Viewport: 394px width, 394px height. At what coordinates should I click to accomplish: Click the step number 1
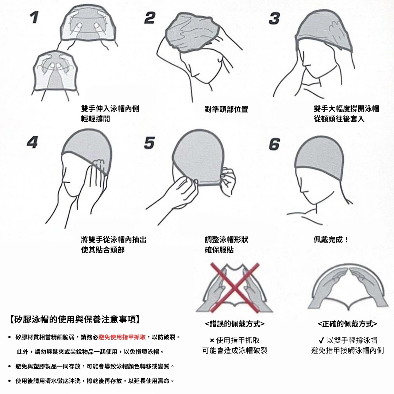(x=34, y=18)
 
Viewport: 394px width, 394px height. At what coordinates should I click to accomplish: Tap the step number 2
(x=150, y=18)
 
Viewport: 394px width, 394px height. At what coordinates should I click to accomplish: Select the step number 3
(x=274, y=19)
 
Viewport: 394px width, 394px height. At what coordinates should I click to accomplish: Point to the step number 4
(x=32, y=142)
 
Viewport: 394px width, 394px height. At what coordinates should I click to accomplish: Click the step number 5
(x=150, y=143)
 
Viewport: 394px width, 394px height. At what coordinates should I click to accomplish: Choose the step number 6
(x=274, y=144)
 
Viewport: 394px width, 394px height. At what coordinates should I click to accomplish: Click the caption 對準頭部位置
(x=227, y=109)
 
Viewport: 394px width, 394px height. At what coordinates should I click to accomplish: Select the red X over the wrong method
(x=235, y=288)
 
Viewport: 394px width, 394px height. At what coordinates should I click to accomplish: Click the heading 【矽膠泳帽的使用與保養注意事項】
(x=75, y=319)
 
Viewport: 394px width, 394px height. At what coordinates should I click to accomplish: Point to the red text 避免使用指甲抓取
(x=122, y=337)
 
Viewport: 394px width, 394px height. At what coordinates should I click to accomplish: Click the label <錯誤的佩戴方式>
(x=235, y=324)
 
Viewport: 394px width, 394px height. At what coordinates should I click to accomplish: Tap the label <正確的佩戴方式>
(x=348, y=324)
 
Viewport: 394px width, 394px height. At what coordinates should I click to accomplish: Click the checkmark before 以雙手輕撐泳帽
(x=321, y=340)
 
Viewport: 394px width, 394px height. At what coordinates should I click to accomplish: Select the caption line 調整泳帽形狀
(x=227, y=239)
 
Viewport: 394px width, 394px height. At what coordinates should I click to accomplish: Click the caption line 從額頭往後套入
(x=339, y=119)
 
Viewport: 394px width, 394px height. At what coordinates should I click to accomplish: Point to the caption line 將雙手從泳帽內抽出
(x=113, y=239)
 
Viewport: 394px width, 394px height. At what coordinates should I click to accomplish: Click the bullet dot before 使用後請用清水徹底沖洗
(x=9, y=381)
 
